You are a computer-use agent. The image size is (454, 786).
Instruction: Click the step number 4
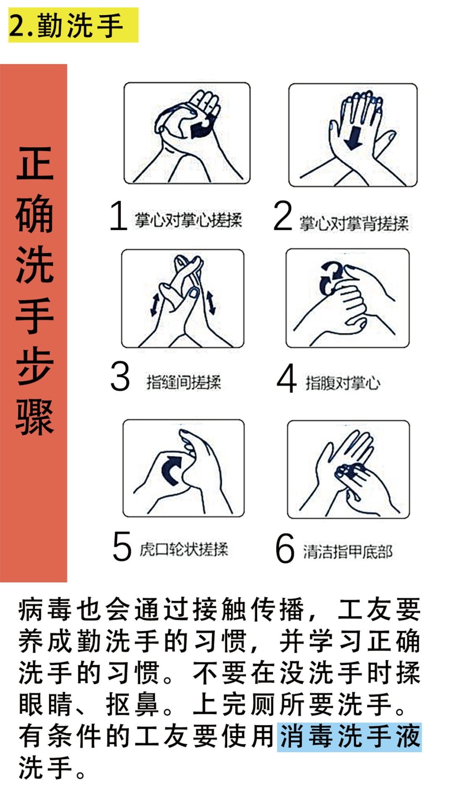[x=286, y=378]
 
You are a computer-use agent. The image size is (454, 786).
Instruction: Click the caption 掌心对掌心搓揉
[x=188, y=220]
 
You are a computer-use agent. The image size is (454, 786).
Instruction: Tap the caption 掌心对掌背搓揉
[x=354, y=223]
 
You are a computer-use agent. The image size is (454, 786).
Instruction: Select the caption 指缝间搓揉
[x=184, y=382]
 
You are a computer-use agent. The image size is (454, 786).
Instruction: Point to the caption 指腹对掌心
[x=343, y=383]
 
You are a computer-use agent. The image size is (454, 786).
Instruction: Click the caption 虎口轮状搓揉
[x=184, y=549]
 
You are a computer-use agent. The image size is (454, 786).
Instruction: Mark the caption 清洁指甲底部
[x=348, y=551]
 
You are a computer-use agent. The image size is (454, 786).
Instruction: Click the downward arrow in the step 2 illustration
[x=353, y=137]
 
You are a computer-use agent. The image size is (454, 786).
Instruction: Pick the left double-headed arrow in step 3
[x=155, y=304]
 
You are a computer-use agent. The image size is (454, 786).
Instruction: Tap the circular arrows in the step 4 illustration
[x=330, y=278]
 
